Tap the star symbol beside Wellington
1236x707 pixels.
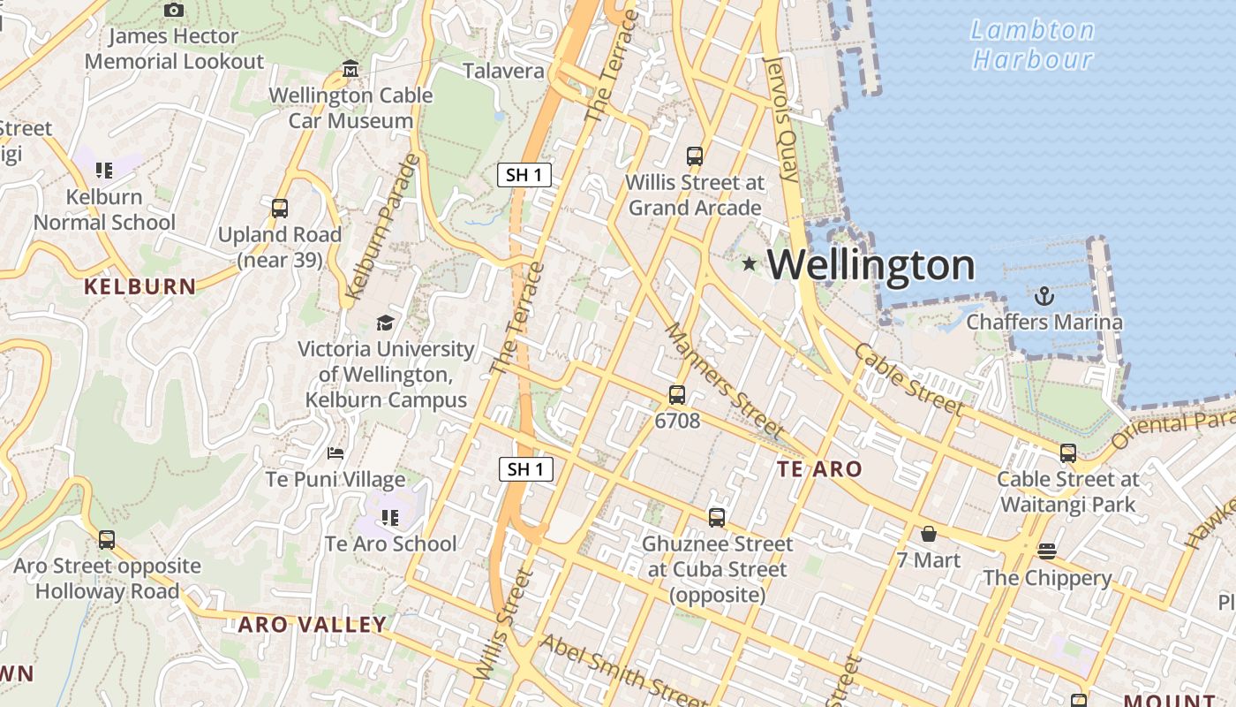(x=750, y=263)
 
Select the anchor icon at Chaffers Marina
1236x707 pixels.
(x=1044, y=295)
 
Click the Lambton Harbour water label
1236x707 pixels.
(x=1032, y=44)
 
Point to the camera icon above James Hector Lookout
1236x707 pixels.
(x=174, y=10)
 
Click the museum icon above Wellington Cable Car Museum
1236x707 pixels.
(x=350, y=69)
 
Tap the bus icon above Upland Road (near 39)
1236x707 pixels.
(x=280, y=209)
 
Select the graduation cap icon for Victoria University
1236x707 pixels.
(x=385, y=323)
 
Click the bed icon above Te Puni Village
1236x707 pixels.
(x=335, y=453)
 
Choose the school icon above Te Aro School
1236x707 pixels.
(x=389, y=517)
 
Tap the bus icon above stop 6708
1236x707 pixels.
(x=677, y=394)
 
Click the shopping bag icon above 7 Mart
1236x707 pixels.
(x=929, y=534)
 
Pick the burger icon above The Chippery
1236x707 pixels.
(x=1047, y=551)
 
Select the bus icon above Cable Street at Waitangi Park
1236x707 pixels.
(x=1068, y=453)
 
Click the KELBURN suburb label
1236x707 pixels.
(x=139, y=286)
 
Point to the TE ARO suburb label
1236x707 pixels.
(x=819, y=469)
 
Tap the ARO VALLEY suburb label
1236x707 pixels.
(x=313, y=625)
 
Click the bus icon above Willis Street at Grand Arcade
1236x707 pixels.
(x=695, y=156)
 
